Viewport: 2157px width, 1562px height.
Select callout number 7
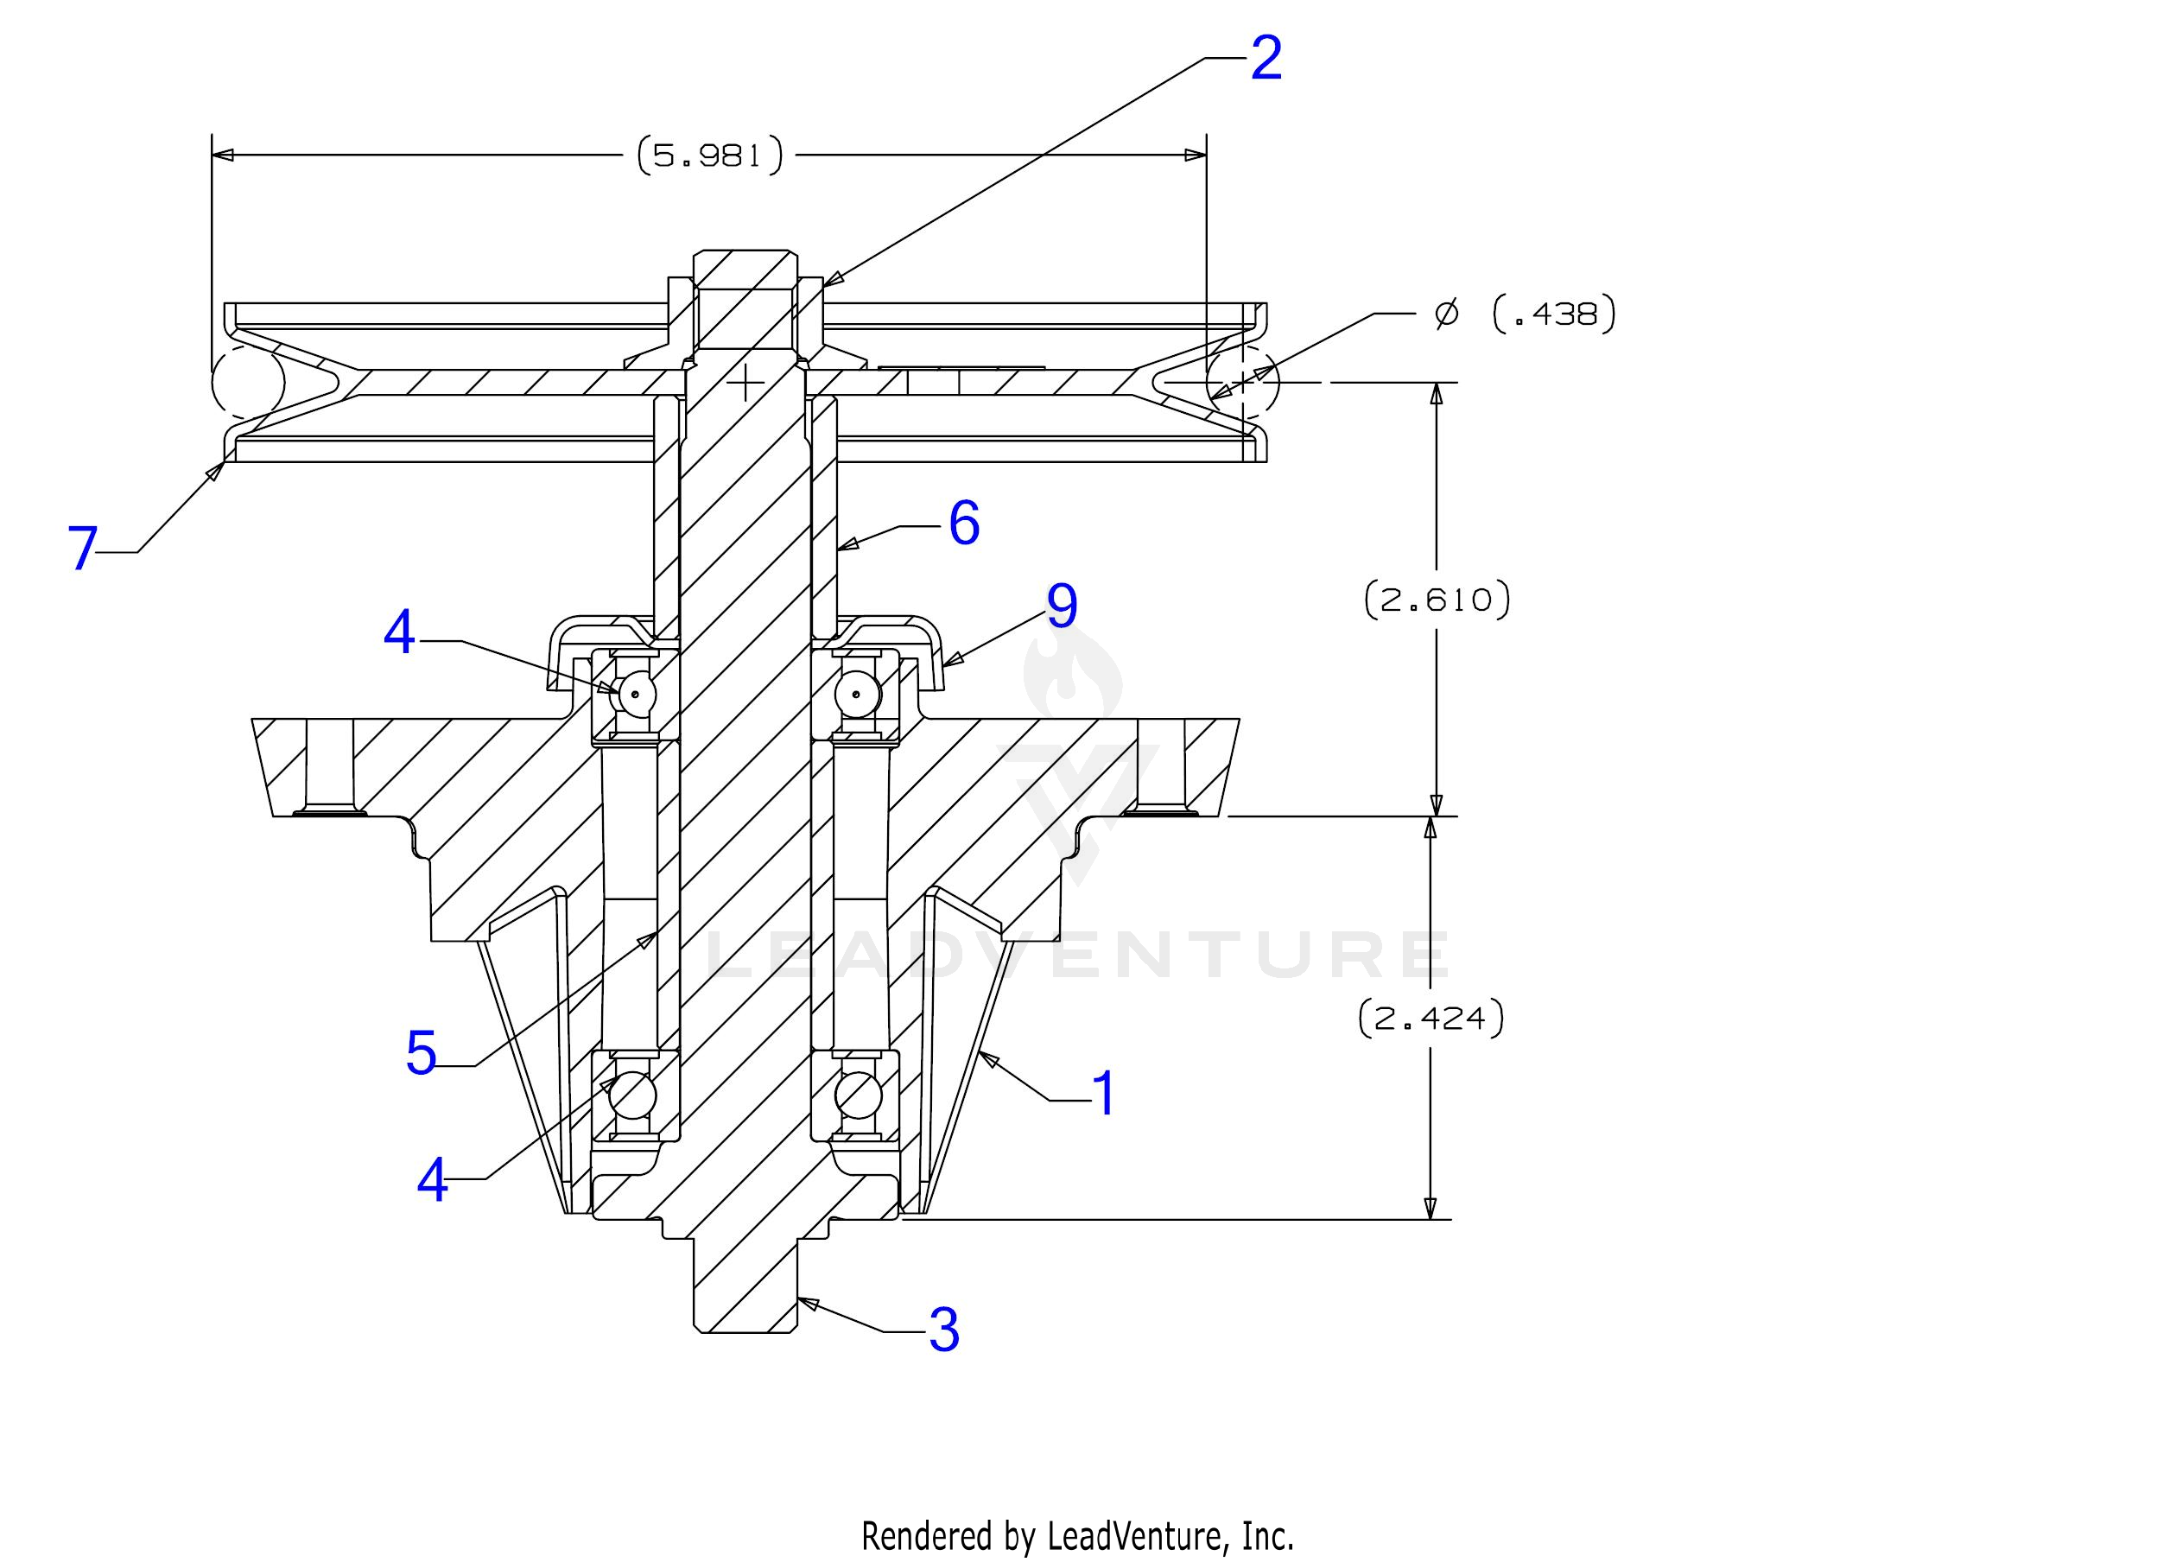click(83, 549)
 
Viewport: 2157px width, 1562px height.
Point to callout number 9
click(1062, 606)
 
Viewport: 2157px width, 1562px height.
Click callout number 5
click(421, 1053)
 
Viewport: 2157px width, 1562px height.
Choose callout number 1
click(1103, 1094)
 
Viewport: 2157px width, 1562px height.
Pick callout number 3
click(943, 1330)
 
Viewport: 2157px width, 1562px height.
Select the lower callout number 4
click(433, 1180)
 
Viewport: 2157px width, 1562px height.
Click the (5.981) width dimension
click(709, 155)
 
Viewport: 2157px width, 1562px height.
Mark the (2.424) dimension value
click(1431, 1019)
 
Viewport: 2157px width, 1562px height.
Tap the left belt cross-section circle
click(248, 383)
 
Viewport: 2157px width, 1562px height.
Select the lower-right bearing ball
click(857, 1094)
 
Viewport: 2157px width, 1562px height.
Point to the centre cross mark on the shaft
click(745, 383)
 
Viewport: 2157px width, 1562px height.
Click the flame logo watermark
click(1073, 669)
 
